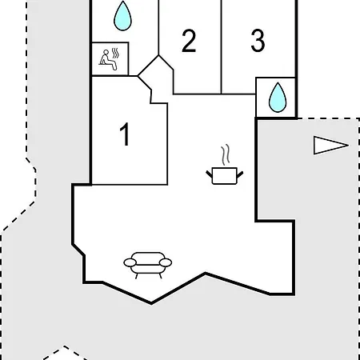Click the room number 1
coord(125,134)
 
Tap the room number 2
coord(189,41)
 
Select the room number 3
coord(258,40)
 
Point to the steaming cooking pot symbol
coord(225,165)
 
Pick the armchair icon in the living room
coord(148,265)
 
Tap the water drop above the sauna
coord(122,16)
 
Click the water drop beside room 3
coord(278,98)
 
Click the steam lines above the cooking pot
coord(226,154)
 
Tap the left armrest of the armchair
coord(130,262)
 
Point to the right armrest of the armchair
coord(166,262)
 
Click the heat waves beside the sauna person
coord(115,54)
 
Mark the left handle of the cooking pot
coord(209,174)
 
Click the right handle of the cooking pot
coord(240,174)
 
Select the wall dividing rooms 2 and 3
coord(222,47)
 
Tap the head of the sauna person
coord(106,52)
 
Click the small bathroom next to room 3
coord(276,98)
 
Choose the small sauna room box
coord(110,59)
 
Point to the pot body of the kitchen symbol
coord(225,176)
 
